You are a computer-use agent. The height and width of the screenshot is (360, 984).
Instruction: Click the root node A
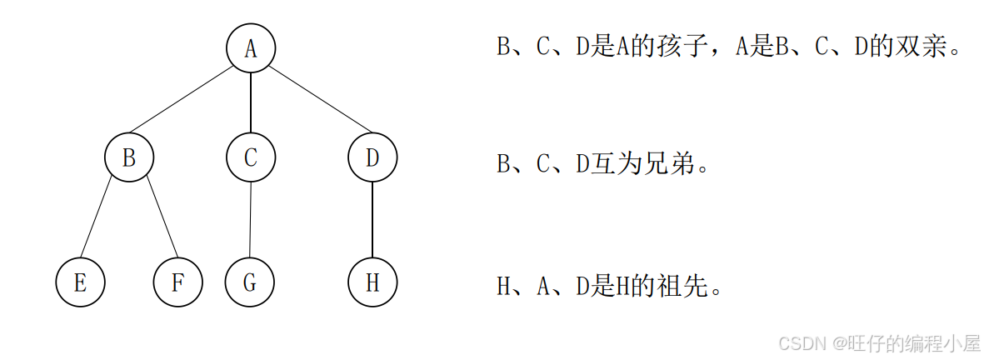coord(251,49)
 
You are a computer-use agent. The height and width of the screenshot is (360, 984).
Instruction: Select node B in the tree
coord(129,157)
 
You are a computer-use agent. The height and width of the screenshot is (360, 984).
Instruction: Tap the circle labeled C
coord(251,157)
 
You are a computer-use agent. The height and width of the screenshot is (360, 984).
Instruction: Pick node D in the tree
coord(372,157)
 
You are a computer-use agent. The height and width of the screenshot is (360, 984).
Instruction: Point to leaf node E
coord(80,282)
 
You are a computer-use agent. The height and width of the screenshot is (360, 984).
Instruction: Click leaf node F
coord(177,282)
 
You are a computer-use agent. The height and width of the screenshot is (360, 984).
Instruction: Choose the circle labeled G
coord(250,282)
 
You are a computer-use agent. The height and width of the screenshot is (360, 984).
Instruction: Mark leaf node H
coord(372,282)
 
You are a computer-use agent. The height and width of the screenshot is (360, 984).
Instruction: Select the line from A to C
coord(251,103)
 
